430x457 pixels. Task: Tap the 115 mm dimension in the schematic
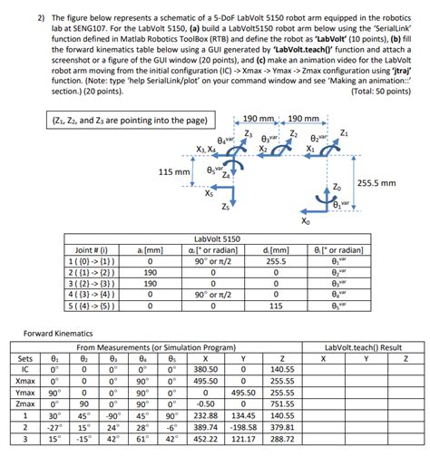point(174,171)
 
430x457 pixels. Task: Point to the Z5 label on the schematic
point(225,207)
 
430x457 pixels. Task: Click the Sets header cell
point(25,358)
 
